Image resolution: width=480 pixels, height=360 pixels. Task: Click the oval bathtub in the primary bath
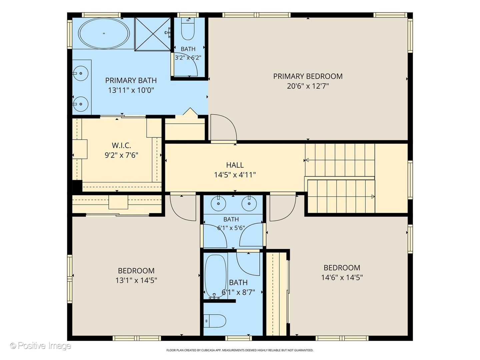pos(104,33)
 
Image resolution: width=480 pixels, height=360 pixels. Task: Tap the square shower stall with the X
pos(152,34)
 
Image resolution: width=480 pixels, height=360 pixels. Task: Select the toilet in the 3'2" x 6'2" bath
pos(188,29)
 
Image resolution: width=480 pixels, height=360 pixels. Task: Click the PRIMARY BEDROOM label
pos(308,76)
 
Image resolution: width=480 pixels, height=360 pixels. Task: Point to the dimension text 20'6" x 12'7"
pos(308,86)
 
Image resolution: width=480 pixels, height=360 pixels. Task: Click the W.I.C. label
pos(121,145)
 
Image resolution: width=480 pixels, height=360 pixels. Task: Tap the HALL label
pos(235,165)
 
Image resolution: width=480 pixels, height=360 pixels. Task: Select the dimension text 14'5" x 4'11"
pos(235,175)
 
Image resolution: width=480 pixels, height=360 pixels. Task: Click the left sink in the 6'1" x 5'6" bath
pos(218,203)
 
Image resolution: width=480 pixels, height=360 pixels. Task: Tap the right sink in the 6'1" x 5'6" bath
pos(249,203)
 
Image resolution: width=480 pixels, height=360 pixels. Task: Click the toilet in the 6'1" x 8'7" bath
pos(215,321)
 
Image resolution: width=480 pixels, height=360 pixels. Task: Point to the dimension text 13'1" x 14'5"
pos(136,280)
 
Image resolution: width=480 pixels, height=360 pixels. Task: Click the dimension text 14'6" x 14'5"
pos(342,277)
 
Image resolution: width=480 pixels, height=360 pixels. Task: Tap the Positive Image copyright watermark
pos(41,346)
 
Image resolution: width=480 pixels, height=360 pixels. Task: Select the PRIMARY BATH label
pos(131,80)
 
